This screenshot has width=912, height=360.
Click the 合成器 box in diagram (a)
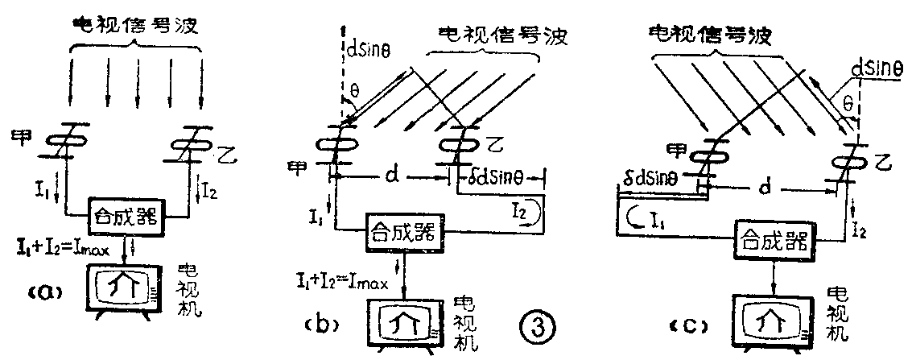pyautogui.click(x=127, y=215)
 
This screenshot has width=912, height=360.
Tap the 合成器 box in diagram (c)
pyautogui.click(x=773, y=238)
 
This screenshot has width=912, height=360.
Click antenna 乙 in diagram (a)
pyautogui.click(x=196, y=144)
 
